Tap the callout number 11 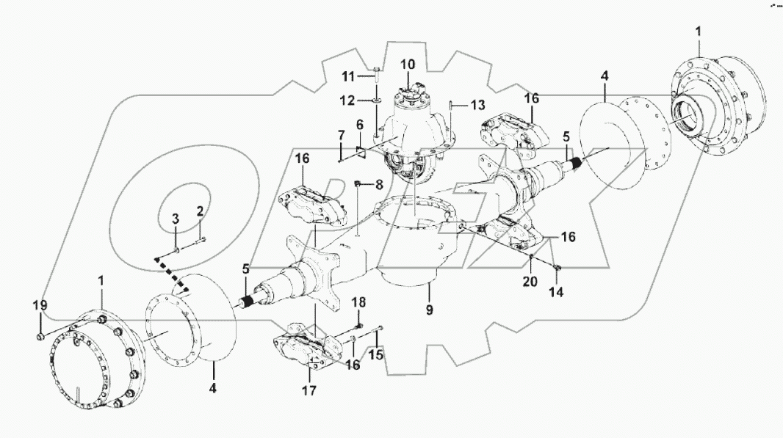(x=350, y=76)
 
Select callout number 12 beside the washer (x=350, y=99)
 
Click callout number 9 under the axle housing (x=430, y=310)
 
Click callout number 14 (x=557, y=291)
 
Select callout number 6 (x=360, y=125)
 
